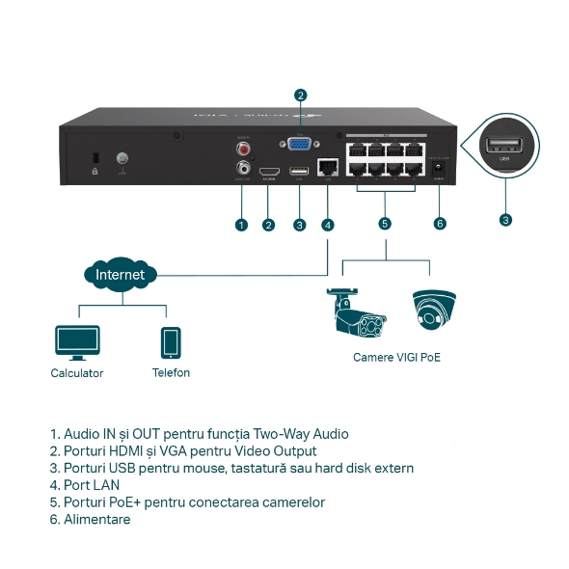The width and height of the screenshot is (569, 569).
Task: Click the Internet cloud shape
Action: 120,275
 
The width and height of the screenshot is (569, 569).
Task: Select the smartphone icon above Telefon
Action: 171,342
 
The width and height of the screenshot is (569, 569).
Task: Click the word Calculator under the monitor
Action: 77,373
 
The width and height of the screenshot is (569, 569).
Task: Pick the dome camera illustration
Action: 434,310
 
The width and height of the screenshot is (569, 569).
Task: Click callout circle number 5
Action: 385,224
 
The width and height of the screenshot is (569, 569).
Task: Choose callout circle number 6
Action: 441,224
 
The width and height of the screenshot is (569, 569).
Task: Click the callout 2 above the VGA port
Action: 301,95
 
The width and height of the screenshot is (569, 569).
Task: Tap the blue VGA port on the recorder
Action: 300,146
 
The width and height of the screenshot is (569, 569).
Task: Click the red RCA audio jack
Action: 243,149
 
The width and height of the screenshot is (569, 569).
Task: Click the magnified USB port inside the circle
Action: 504,148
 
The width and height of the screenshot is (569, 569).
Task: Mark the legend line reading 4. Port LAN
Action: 85,485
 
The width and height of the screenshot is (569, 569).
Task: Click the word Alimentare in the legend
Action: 95,520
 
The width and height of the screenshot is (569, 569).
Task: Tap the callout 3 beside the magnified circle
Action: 505,220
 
